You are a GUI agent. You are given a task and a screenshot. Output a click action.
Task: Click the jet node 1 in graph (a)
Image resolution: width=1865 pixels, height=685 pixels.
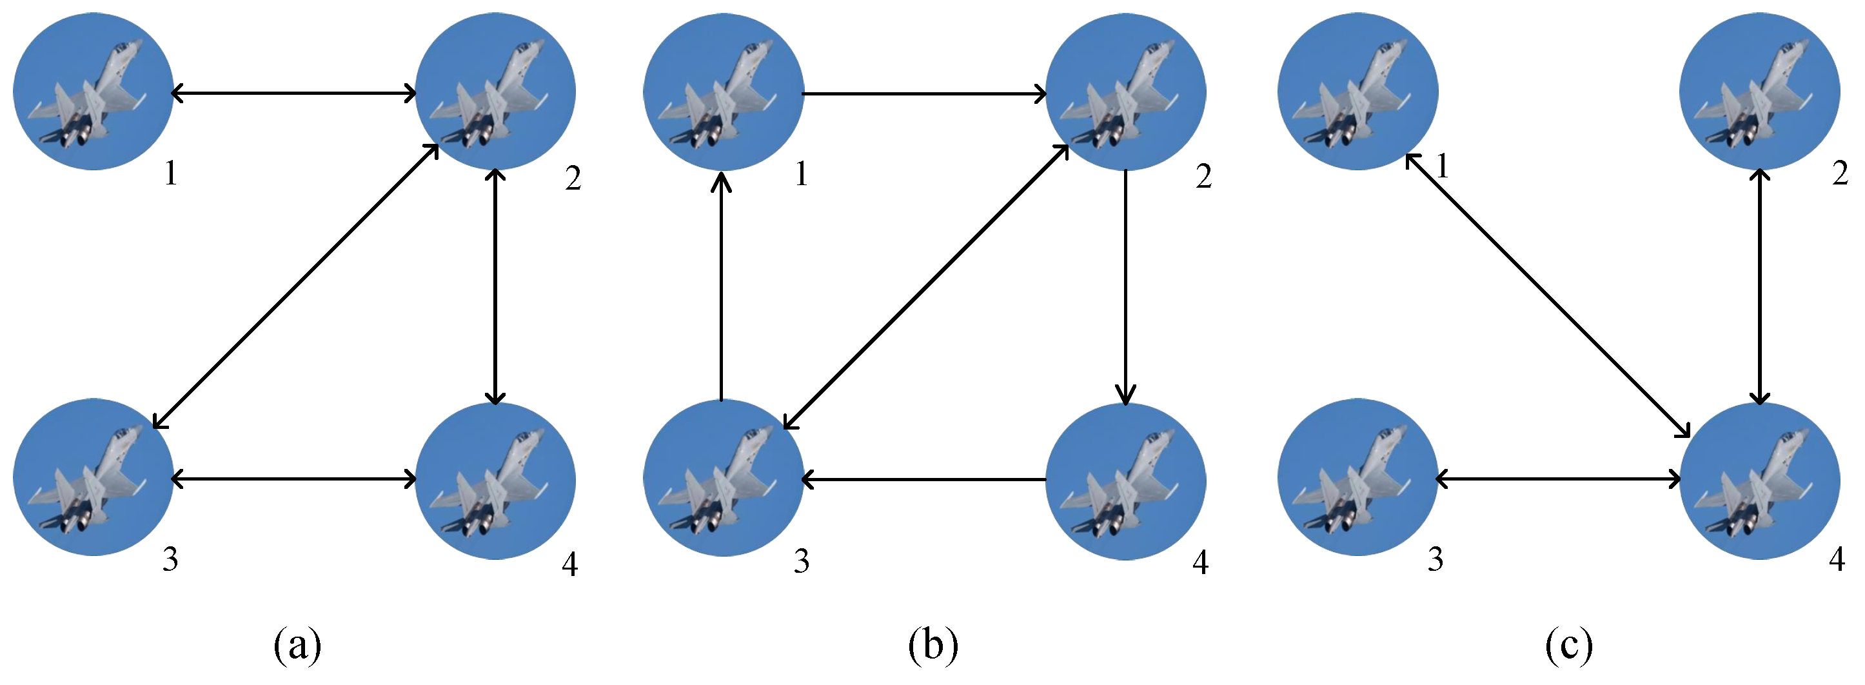pyautogui.click(x=93, y=91)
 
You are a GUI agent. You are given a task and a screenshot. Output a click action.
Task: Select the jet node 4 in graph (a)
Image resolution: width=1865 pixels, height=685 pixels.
pyautogui.click(x=495, y=481)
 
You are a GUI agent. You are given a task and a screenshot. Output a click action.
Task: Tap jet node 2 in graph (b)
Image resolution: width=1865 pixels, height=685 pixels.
pyautogui.click(x=1125, y=91)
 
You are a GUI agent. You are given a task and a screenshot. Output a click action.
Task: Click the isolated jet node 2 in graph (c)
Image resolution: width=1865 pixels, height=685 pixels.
pyautogui.click(x=1759, y=91)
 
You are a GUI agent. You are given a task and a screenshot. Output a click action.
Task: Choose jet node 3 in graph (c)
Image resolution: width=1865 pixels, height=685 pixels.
pyautogui.click(x=1357, y=478)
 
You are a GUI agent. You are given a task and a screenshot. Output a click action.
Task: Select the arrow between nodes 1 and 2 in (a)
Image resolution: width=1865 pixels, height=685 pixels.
pyautogui.click(x=293, y=93)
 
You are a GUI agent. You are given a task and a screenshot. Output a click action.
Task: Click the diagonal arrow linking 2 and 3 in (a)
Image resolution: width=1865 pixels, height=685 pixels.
pyautogui.click(x=295, y=286)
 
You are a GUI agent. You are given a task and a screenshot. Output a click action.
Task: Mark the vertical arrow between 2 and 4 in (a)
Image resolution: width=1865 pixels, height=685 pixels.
pyautogui.click(x=495, y=286)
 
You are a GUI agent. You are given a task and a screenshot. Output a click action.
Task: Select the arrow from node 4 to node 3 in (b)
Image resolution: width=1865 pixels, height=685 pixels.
pyautogui.click(x=924, y=479)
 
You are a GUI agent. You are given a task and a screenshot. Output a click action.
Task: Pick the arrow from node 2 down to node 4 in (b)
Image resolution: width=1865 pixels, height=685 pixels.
pyautogui.click(x=1125, y=286)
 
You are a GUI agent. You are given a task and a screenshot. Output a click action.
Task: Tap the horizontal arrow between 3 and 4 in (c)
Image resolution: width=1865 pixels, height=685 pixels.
pyautogui.click(x=1558, y=479)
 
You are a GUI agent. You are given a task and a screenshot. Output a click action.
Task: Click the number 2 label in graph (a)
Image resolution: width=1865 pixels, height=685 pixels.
pyautogui.click(x=573, y=178)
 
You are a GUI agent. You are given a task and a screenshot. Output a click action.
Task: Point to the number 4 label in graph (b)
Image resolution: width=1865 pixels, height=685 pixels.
pyautogui.click(x=1200, y=562)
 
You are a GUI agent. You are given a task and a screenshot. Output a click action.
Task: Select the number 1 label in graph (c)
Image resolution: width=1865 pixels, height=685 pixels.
pyautogui.click(x=1443, y=166)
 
